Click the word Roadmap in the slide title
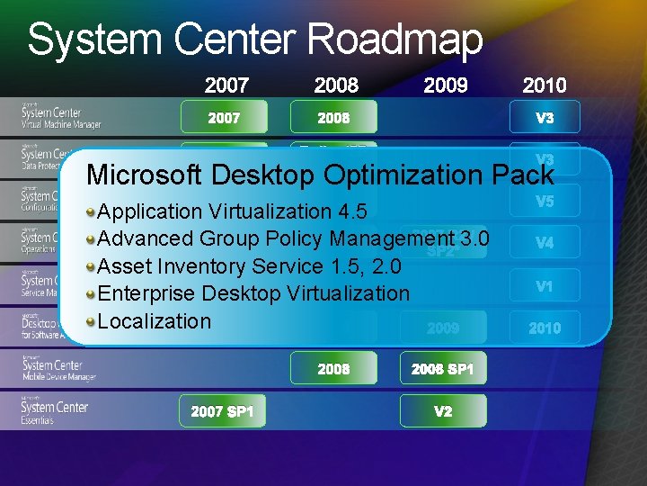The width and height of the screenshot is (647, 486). coord(394,40)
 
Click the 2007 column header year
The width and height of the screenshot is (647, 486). coord(226,85)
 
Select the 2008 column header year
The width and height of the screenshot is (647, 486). coord(336,85)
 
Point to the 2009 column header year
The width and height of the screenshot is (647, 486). coord(446,85)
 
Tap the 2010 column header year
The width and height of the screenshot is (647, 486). coord(545,85)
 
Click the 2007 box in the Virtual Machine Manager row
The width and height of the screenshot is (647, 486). coord(225,117)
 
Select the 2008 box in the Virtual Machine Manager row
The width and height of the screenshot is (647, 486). coord(333,117)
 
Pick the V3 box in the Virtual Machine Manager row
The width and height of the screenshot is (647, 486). coord(545,117)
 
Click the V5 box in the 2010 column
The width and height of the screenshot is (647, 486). coord(545,202)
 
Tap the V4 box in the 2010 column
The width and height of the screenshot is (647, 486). coord(545,243)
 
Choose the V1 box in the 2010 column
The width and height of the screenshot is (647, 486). coord(545,286)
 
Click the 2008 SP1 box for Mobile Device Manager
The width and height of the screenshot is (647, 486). coord(443,369)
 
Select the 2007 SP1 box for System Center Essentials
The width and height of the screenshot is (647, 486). coord(223,411)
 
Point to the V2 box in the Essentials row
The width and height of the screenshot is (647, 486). coord(443,411)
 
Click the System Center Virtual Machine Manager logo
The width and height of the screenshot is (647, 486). coord(61,116)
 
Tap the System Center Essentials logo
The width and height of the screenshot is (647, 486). coord(56,411)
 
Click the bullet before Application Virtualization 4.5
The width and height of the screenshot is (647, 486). coord(91,211)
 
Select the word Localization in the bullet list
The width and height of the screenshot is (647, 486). coord(154,321)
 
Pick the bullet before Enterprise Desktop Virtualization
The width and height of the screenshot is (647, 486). coord(91,294)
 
